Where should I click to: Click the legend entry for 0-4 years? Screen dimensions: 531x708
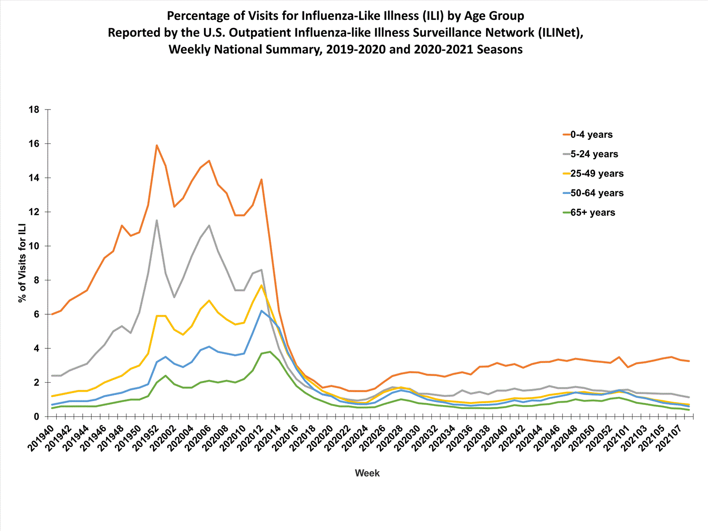(591, 135)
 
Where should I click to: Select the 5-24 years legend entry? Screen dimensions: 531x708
(594, 154)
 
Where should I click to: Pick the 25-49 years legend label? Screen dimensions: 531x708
(597, 174)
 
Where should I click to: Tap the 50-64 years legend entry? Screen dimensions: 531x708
(597, 193)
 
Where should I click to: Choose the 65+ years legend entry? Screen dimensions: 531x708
(593, 212)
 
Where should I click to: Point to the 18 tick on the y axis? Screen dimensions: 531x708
(34, 110)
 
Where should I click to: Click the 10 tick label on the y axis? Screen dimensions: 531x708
(34, 246)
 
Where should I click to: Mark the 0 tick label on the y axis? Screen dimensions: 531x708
(36, 417)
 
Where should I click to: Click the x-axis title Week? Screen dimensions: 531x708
(367, 473)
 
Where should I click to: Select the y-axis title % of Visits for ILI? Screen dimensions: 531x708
(22, 263)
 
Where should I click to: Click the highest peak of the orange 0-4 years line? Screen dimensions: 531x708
(157, 145)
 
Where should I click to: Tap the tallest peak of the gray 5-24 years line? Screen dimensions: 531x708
(157, 220)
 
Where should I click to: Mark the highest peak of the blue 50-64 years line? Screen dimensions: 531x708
(261, 311)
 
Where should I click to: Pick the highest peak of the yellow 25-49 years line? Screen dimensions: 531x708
(261, 285)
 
